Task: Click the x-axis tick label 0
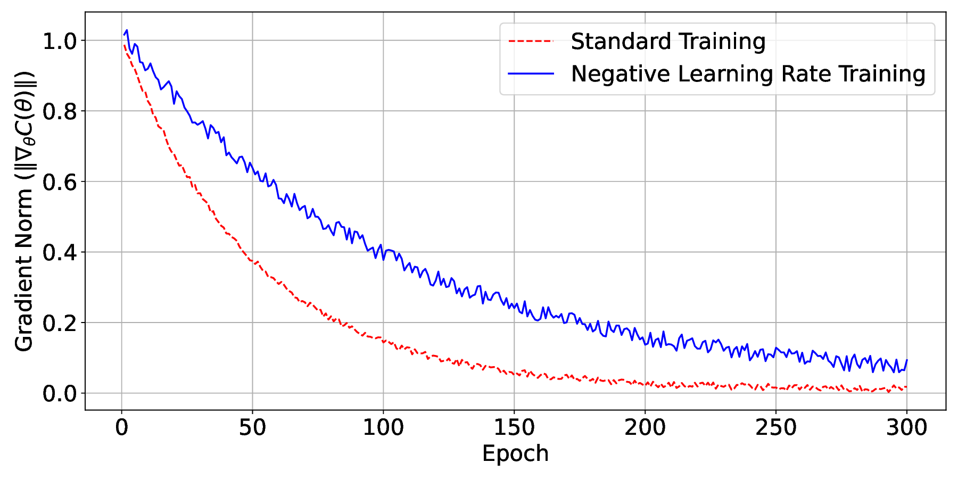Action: [x=122, y=428]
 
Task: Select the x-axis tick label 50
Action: [x=252, y=428]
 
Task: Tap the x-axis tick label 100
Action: [x=383, y=428]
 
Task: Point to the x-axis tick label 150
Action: [x=514, y=428]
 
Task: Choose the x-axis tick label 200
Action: [x=645, y=428]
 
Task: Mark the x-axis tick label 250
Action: [x=775, y=428]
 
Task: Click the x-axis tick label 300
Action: [x=906, y=428]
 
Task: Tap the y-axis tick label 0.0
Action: [x=60, y=394]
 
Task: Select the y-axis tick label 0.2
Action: [x=60, y=323]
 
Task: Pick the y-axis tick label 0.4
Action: [x=60, y=252]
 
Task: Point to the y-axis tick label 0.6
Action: [x=60, y=182]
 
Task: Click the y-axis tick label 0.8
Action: [x=60, y=111]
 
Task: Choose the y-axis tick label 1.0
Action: [x=60, y=41]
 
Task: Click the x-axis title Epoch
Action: [x=515, y=453]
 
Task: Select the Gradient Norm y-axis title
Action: [x=24, y=211]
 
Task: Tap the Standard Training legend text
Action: [x=668, y=42]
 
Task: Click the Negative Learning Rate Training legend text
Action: [x=748, y=73]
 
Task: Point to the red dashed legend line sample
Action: [x=531, y=41]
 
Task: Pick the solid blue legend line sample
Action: [x=531, y=73]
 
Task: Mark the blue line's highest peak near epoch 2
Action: [x=127, y=30]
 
